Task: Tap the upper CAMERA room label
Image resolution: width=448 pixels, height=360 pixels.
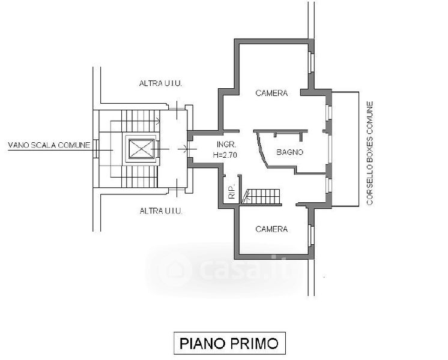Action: coord(271,93)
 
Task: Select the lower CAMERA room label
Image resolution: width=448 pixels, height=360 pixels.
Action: coord(271,229)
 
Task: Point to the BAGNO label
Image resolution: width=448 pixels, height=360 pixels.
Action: coord(290,152)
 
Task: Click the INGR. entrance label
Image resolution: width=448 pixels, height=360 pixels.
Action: coord(226,145)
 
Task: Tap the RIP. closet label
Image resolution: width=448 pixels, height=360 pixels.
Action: coord(231,192)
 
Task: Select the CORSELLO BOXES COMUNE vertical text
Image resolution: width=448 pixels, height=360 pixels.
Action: coord(370,154)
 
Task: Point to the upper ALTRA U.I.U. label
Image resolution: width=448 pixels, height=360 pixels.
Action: coord(160,84)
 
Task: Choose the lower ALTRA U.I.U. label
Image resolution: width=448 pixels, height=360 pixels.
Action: coord(160,211)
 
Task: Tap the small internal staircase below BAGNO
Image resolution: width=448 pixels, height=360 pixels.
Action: coord(261,196)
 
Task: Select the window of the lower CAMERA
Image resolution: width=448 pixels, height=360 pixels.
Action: coord(311,236)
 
